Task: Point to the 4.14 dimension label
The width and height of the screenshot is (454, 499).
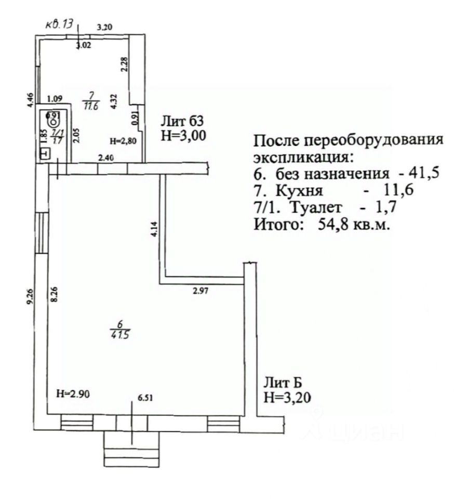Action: click(x=154, y=229)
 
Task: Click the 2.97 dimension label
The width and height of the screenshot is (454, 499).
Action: click(x=201, y=292)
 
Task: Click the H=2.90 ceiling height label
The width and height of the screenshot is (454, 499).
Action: click(x=73, y=393)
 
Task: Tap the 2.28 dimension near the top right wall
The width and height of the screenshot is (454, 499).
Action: click(x=123, y=64)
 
